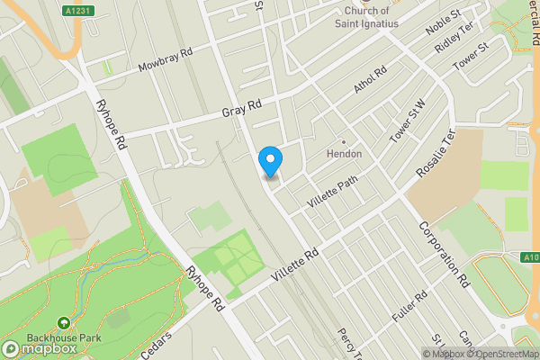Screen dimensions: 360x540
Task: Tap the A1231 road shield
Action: (76, 11)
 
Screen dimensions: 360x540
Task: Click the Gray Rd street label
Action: (241, 107)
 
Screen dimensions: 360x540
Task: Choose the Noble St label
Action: (443, 22)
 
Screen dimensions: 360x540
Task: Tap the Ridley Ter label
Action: (454, 38)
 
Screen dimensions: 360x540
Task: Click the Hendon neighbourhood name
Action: (344, 154)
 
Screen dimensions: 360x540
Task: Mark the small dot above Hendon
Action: (343, 141)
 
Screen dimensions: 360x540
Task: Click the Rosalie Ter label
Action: (436, 152)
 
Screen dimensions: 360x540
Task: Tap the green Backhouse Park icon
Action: (64, 324)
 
